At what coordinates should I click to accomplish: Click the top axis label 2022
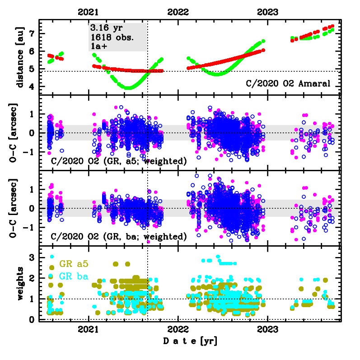(178, 13)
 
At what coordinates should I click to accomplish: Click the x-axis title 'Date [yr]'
(190, 341)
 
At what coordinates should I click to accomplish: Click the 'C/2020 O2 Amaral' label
(288, 83)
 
